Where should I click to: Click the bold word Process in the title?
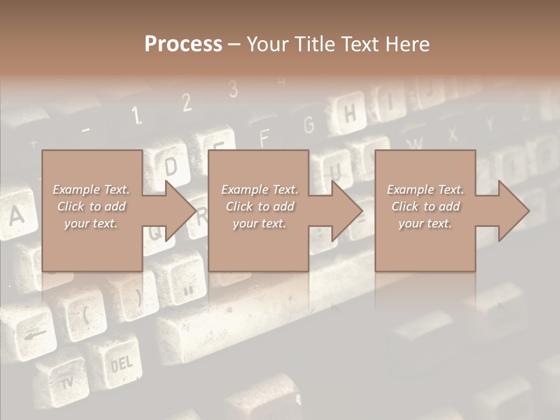point(183,44)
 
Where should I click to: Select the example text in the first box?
point(91,206)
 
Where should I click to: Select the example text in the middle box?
point(260,206)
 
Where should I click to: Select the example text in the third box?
point(425,206)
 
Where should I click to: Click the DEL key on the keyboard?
point(122,366)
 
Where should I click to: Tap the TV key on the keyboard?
point(68,381)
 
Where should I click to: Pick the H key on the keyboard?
point(349,115)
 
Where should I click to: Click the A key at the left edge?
point(16,216)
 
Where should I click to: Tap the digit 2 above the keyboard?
point(187,103)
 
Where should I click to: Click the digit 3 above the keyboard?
point(233,89)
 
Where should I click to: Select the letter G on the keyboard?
point(309,125)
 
